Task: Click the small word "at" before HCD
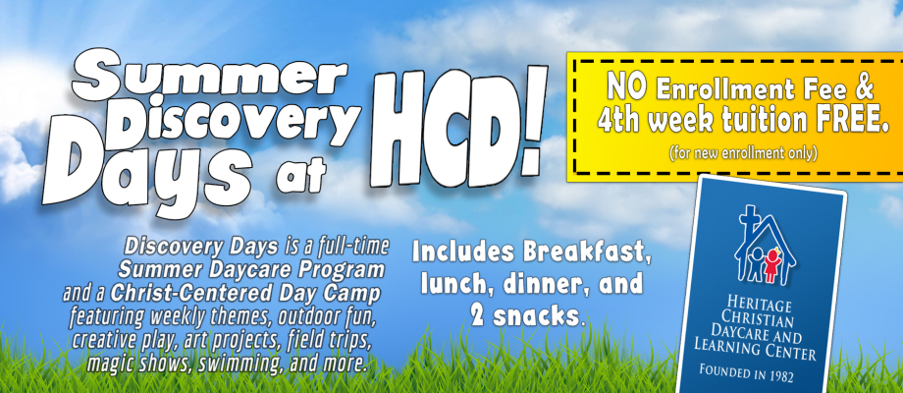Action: [300, 174]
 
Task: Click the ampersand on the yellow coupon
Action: [865, 88]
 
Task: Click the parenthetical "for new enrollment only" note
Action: [743, 154]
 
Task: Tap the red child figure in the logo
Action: [771, 265]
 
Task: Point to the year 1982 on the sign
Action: [779, 377]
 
